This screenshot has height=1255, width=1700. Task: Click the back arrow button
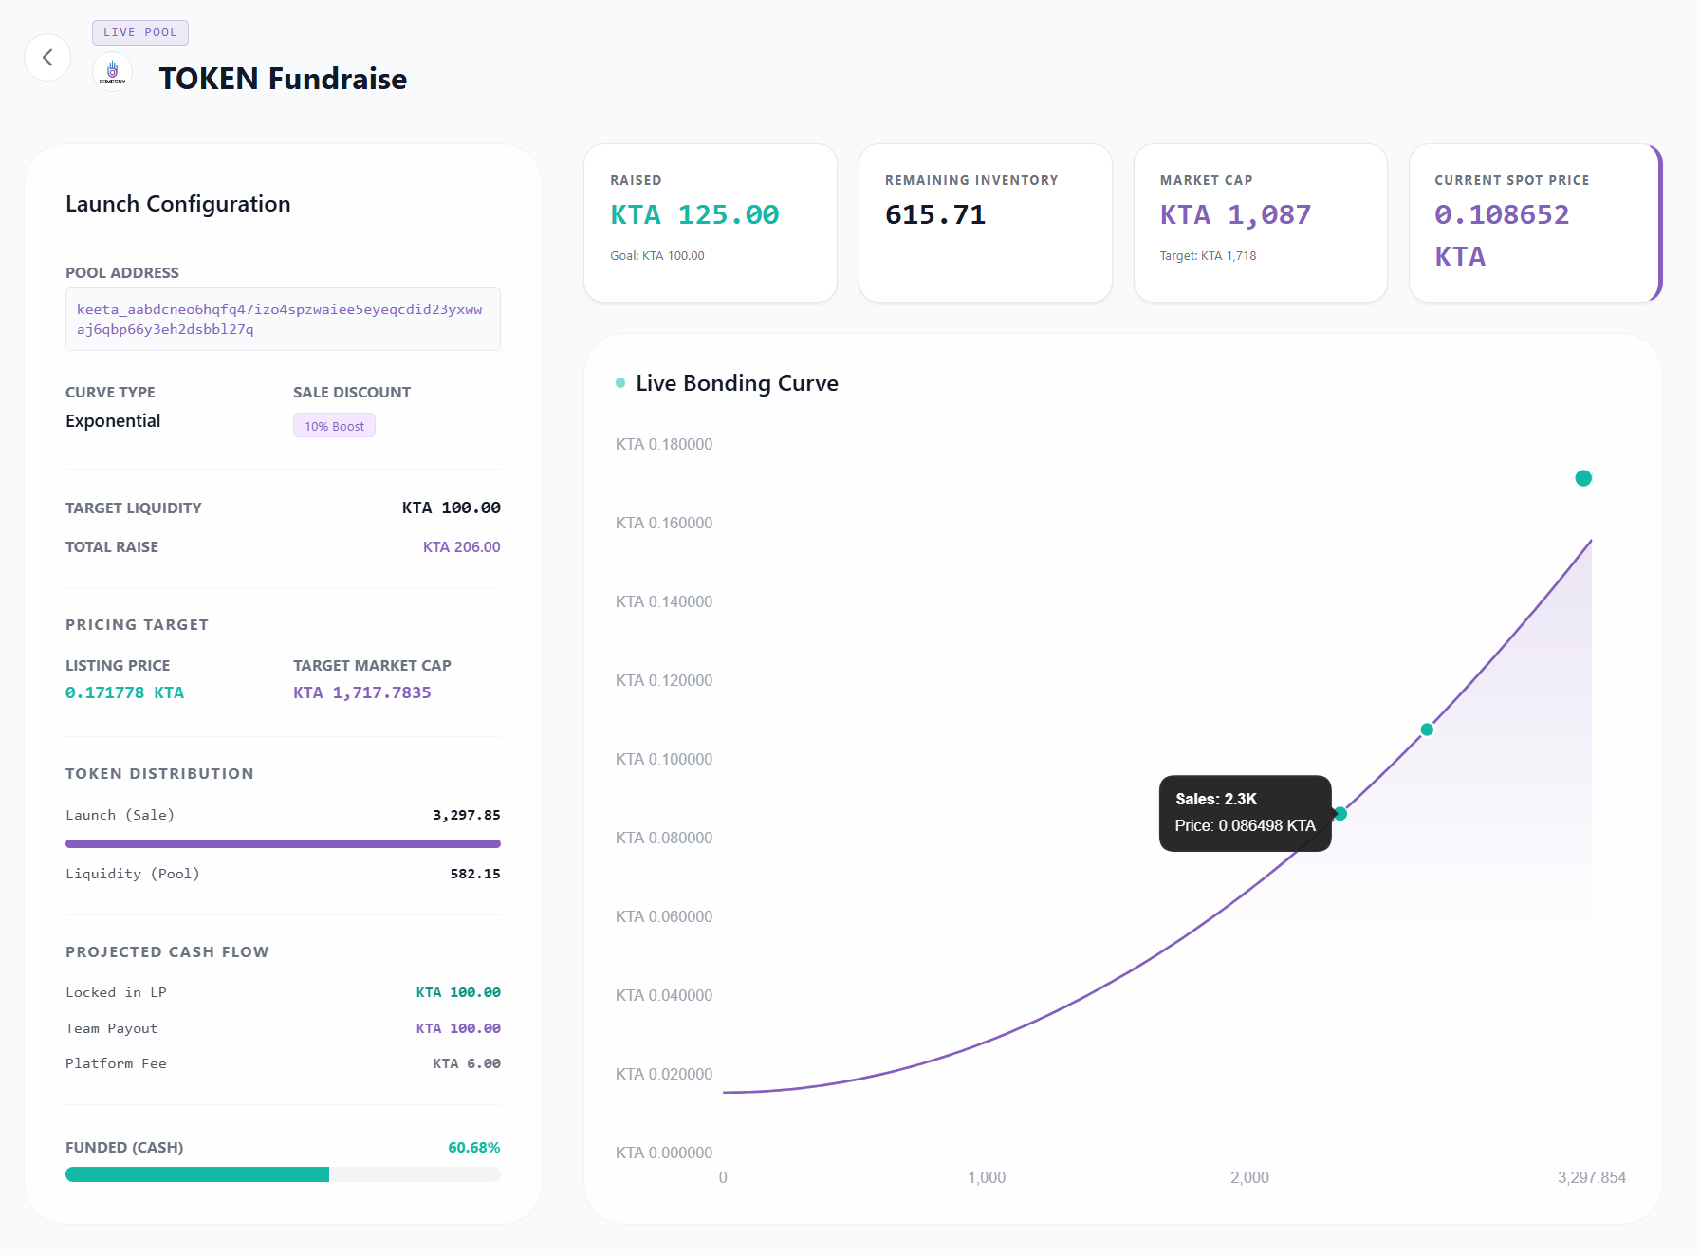point(47,58)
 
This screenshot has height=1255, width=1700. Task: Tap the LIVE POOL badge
point(140,32)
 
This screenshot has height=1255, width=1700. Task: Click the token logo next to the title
point(112,72)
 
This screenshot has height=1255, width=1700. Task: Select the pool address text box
point(283,320)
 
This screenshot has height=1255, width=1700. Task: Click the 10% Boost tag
point(334,426)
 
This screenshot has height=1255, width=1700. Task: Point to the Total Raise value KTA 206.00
point(461,547)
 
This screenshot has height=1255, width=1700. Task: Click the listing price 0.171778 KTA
point(125,692)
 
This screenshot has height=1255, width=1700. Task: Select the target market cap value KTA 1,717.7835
point(361,692)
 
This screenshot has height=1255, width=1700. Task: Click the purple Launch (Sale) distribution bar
point(283,843)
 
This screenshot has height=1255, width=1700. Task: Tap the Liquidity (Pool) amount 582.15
point(474,874)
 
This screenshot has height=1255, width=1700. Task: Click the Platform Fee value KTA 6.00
point(466,1063)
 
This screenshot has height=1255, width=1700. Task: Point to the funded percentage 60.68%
point(473,1148)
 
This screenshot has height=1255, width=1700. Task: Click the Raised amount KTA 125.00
point(694,215)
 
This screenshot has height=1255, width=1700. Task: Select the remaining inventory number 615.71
point(935,215)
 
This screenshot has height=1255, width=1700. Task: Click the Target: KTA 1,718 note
point(1208,256)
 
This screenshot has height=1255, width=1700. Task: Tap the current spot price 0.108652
point(1502,215)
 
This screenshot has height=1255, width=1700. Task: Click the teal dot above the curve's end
point(1583,478)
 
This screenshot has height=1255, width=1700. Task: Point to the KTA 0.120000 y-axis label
point(663,680)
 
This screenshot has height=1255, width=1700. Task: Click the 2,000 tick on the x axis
point(1249,1177)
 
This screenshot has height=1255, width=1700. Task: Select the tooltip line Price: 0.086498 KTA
point(1245,825)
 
